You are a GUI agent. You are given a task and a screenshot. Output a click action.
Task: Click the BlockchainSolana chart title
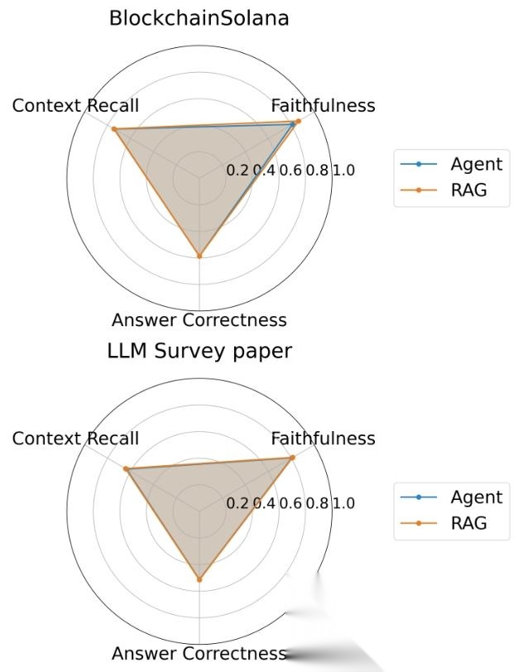point(199,18)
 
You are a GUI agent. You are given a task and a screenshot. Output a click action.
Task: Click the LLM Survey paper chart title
point(199,351)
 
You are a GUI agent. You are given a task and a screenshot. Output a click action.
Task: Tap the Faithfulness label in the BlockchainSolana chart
point(323,106)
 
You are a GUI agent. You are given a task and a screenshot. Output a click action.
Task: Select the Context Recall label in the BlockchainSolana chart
point(75,106)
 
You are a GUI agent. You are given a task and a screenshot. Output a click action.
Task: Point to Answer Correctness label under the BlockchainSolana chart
point(199,320)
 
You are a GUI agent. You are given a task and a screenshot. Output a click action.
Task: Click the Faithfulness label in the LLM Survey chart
point(323,439)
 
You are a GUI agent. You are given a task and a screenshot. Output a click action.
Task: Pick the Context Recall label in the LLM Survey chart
point(75,439)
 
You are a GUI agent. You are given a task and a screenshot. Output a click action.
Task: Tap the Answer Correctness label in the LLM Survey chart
point(199,654)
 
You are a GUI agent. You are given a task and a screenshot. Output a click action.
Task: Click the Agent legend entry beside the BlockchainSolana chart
point(476,164)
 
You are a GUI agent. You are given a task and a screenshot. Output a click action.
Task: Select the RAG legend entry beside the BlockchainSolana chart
point(468,190)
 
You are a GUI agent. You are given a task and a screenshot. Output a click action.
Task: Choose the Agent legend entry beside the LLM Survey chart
point(476,497)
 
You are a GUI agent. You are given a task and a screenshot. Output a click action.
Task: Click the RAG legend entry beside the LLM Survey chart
point(468,523)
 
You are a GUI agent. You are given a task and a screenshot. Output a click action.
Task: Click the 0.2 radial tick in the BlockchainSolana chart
point(237,170)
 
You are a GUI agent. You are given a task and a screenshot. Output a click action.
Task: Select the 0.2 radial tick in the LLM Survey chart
point(237,503)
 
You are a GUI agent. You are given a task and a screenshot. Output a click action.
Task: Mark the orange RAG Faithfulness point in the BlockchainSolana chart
point(298,121)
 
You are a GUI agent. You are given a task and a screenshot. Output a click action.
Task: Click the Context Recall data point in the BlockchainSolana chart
point(115,129)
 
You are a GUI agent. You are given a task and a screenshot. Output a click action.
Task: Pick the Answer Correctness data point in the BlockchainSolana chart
point(199,257)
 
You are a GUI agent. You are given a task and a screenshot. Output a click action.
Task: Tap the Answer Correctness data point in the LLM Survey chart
point(199,579)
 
